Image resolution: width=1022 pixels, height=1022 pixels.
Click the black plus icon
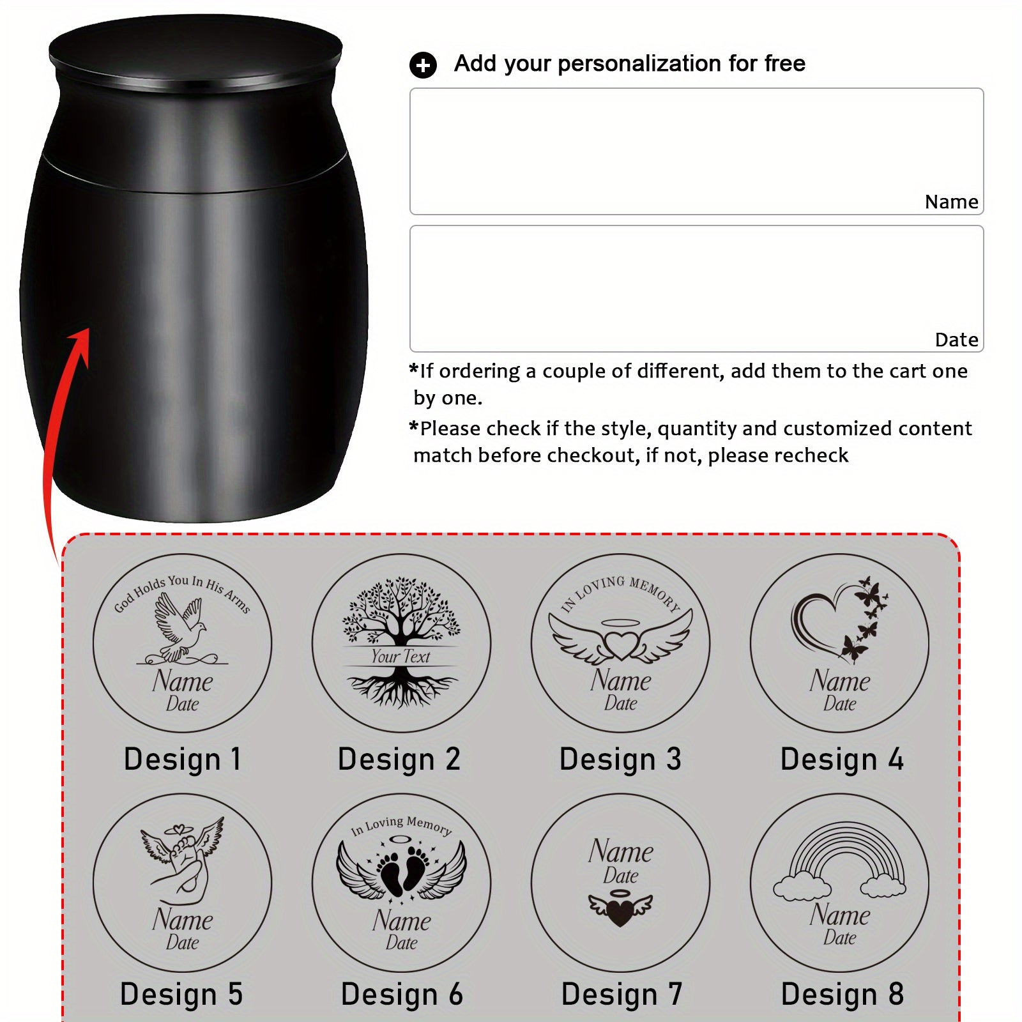tap(422, 65)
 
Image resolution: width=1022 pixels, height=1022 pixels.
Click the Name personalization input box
tap(696, 151)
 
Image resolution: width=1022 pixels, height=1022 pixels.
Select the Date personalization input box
tap(696, 289)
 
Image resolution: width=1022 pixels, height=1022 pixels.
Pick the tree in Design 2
tap(401, 642)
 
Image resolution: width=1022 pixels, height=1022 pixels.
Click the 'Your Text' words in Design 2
tap(400, 656)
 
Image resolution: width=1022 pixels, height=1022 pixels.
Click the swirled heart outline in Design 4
tap(824, 623)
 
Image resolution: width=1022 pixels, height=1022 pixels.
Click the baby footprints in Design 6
tap(401, 869)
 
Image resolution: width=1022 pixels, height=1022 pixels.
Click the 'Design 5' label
tap(181, 994)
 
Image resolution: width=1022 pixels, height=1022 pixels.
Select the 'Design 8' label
tap(842, 994)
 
